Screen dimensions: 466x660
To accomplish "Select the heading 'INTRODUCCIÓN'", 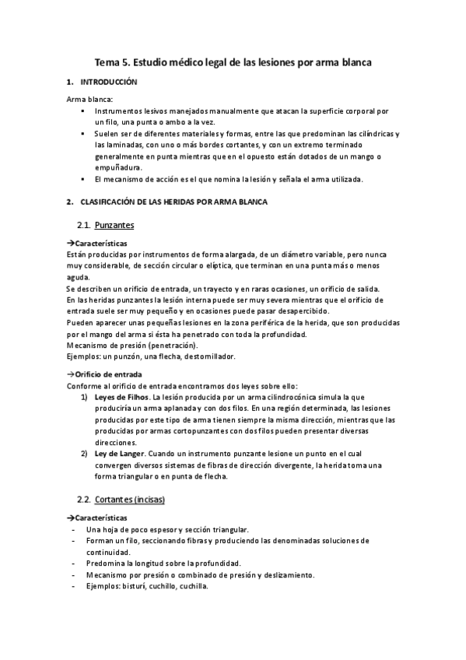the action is tap(110, 82).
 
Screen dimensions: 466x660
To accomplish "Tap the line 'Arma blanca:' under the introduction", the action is tap(89, 99).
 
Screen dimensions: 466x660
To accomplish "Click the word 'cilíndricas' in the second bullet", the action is tap(373, 134).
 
